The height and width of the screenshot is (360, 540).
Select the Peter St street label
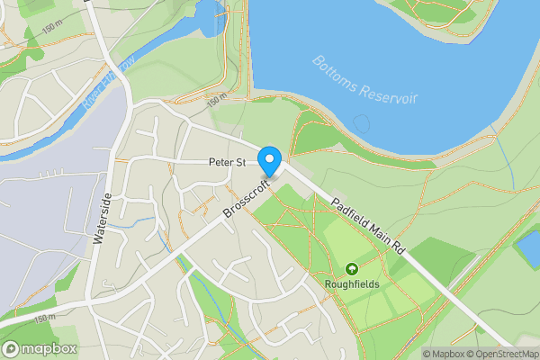pyautogui.click(x=228, y=163)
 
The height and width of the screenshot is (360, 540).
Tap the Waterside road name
pyautogui.click(x=101, y=219)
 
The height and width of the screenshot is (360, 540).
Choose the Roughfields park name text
pyautogui.click(x=352, y=284)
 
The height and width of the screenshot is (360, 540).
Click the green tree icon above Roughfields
pyautogui.click(x=352, y=268)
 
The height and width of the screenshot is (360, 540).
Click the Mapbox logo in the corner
pyautogui.click(x=40, y=349)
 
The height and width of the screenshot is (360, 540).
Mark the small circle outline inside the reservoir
pyautogui.click(x=362, y=121)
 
